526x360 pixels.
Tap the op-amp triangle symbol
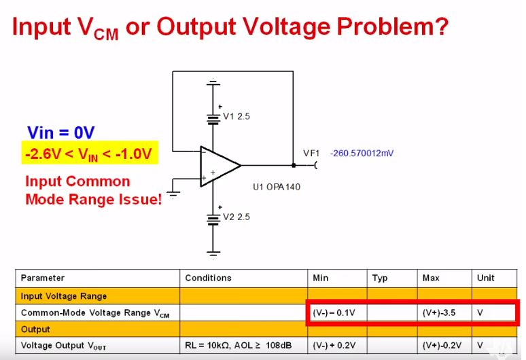218,165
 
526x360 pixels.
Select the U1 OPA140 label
276,187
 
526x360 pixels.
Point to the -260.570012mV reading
362,154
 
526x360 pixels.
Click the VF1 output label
311,154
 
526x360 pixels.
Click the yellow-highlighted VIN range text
88,154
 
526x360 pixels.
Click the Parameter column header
43,278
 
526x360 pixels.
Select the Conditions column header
208,278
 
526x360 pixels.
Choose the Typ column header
379,278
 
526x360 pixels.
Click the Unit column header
486,278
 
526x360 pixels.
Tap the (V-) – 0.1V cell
334,313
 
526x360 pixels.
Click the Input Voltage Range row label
64,296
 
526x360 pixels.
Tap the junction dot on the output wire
294,165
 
